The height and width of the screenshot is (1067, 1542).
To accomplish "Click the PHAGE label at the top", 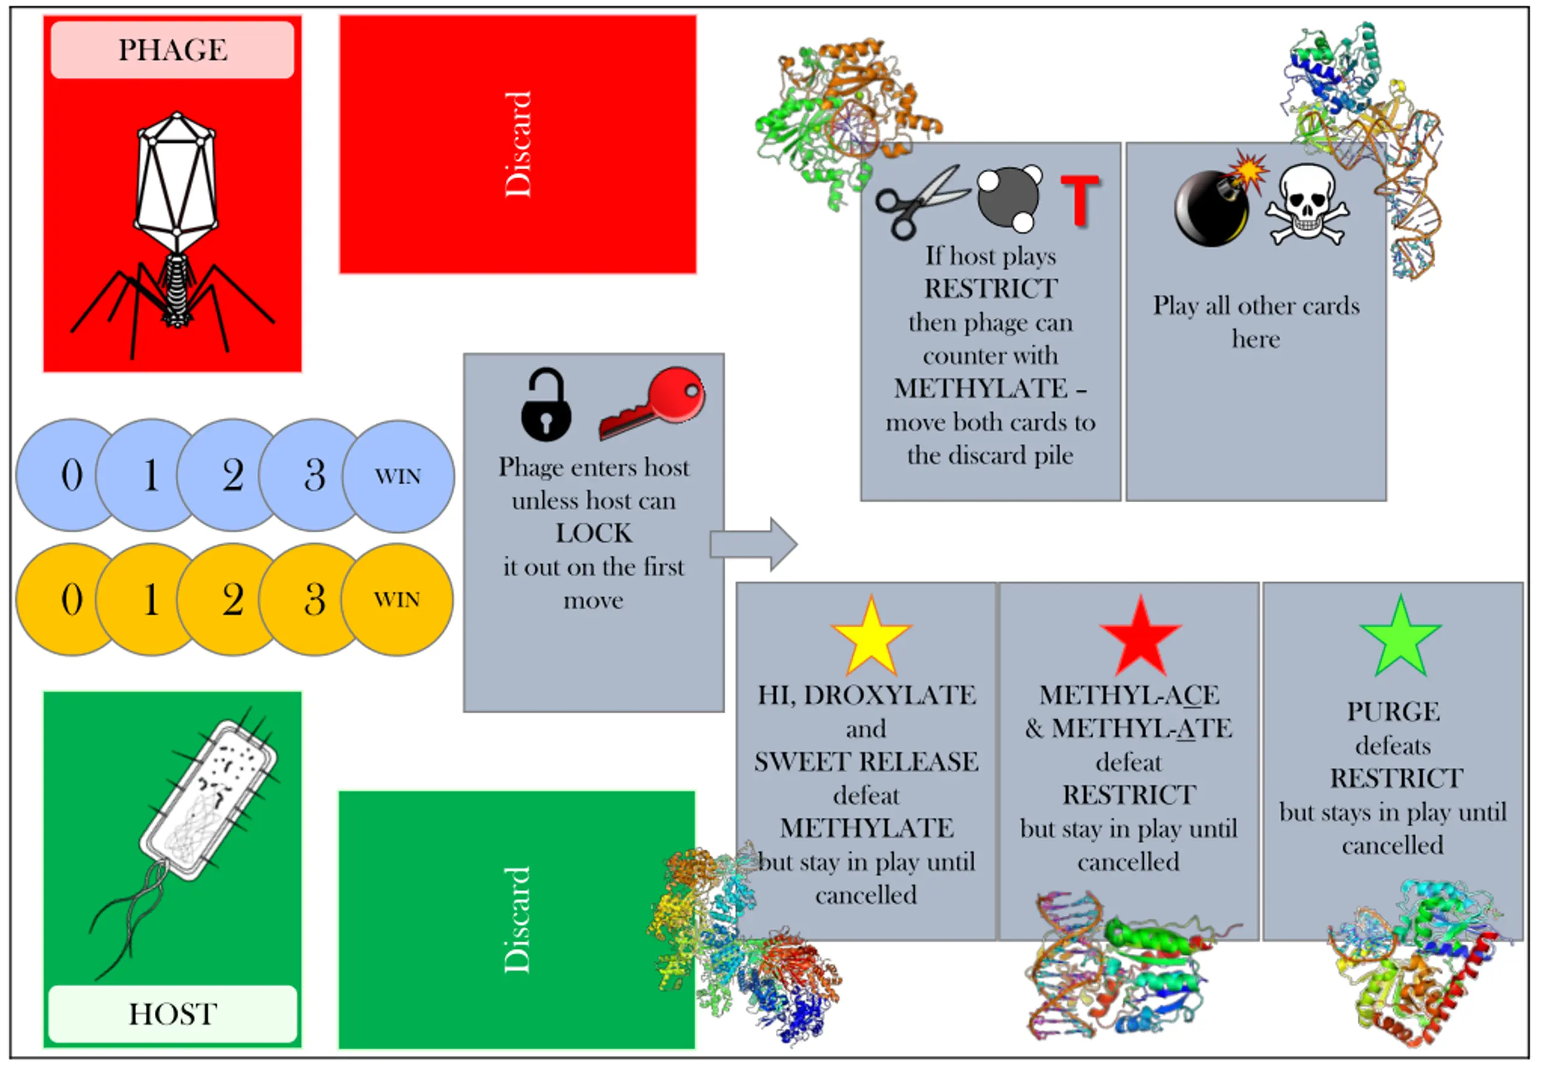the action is (172, 50).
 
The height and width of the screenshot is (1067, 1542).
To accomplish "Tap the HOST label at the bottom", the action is (172, 1013).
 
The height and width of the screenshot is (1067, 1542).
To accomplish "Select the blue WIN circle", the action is (399, 476).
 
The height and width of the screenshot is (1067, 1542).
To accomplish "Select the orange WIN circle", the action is (397, 599).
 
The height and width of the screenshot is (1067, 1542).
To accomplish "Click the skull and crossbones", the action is (1306, 206).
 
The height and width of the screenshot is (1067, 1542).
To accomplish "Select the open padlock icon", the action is (546, 404).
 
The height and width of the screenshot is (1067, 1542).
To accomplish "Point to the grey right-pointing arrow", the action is (754, 544).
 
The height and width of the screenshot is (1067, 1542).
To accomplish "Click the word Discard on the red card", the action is (517, 145).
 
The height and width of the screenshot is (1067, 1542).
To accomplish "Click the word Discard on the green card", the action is (517, 919).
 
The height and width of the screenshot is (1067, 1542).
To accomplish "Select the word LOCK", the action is (594, 533).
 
